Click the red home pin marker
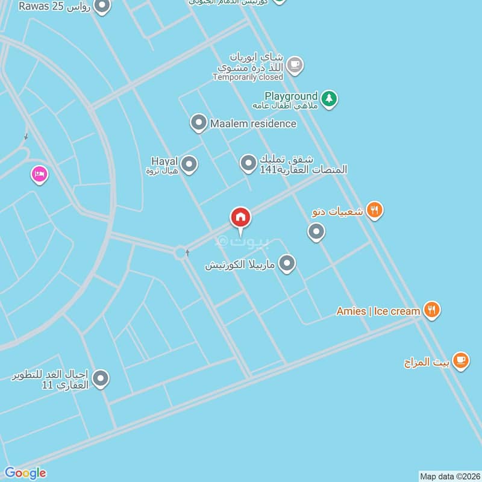click(240, 218)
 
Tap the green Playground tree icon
click(328, 98)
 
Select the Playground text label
click(291, 96)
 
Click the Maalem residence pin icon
click(198, 123)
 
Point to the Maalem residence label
click(253, 124)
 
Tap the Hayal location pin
click(189, 164)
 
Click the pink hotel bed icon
click(39, 175)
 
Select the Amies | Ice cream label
click(378, 311)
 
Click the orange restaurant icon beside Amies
click(431, 310)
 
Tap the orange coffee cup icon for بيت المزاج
click(461, 361)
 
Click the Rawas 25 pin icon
click(102, 7)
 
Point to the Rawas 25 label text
click(54, 7)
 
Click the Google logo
click(25, 473)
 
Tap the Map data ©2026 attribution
click(449, 476)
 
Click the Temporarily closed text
click(248, 77)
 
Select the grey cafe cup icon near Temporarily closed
click(294, 64)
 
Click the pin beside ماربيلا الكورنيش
click(287, 263)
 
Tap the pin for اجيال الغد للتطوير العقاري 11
click(101, 378)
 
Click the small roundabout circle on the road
click(180, 252)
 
